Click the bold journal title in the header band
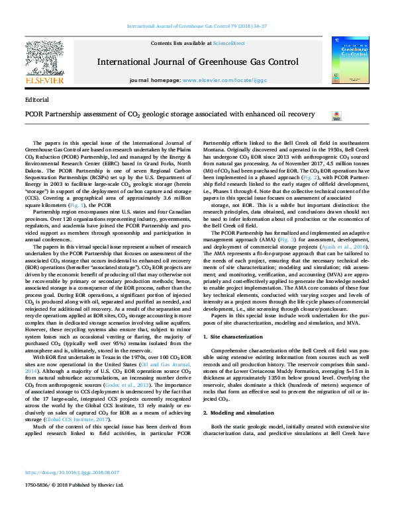tap(197, 62)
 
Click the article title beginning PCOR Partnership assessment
tap(160, 114)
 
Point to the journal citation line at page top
tap(197, 26)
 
